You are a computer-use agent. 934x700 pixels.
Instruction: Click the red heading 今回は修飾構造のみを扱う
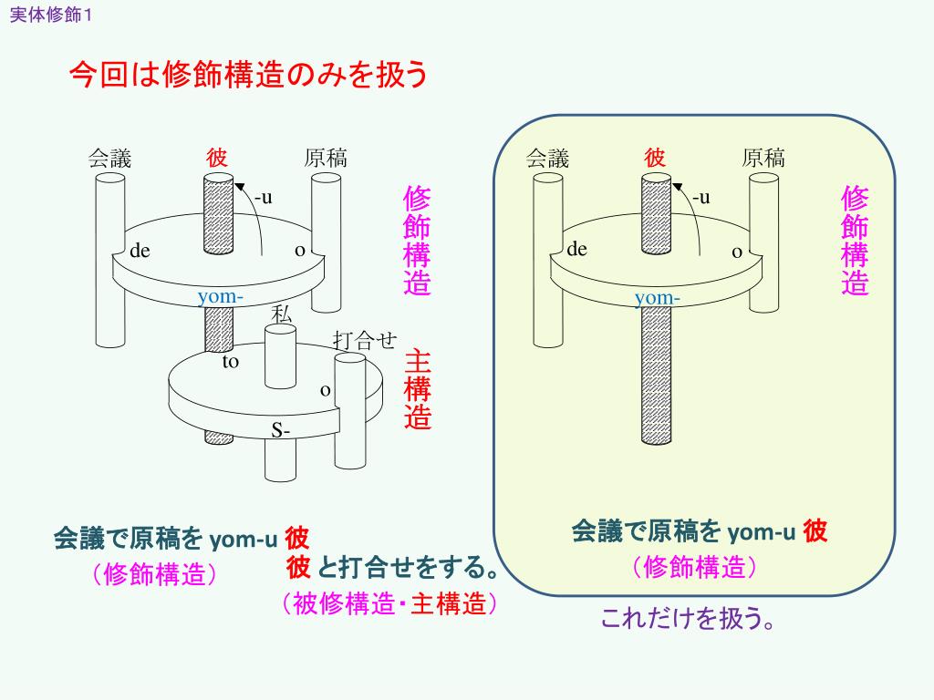pyautogui.click(x=248, y=76)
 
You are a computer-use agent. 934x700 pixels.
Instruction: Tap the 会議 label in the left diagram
pyautogui.click(x=110, y=159)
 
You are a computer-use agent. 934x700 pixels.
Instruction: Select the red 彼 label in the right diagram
pyautogui.click(x=655, y=158)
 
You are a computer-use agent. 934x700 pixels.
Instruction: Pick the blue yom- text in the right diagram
pyautogui.click(x=658, y=298)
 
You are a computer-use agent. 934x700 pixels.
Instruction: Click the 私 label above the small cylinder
pyautogui.click(x=282, y=314)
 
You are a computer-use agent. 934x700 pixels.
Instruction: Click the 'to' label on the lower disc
pyautogui.click(x=231, y=362)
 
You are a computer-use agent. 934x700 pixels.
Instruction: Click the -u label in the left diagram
pyautogui.click(x=264, y=197)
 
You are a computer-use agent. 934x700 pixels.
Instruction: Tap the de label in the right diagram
pyautogui.click(x=577, y=249)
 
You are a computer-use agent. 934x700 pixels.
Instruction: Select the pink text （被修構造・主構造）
pyautogui.click(x=389, y=603)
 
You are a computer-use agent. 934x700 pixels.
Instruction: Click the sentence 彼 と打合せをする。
pyautogui.click(x=393, y=568)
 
